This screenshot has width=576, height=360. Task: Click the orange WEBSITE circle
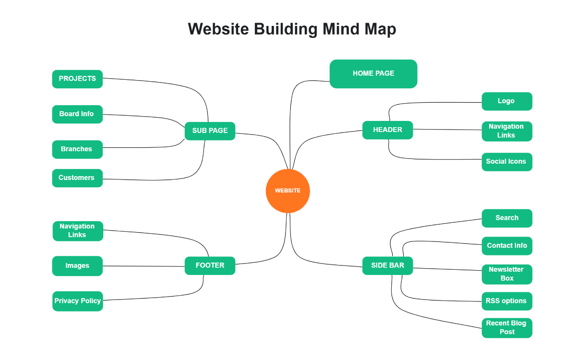[x=288, y=191]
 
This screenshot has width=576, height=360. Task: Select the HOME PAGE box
[x=373, y=74]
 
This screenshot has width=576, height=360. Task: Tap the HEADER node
[x=387, y=130]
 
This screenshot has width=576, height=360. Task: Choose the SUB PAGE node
[x=210, y=131]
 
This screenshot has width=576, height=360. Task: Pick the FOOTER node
[x=210, y=265]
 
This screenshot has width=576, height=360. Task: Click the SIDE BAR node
[x=387, y=265]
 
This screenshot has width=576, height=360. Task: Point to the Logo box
[x=506, y=101]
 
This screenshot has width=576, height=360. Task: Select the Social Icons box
[x=506, y=162]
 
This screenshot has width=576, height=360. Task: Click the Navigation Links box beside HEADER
[x=506, y=131]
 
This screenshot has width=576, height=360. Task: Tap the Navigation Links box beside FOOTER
[x=77, y=231]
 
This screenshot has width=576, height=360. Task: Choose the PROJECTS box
[x=77, y=79]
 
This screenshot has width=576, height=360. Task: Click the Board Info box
[x=77, y=114]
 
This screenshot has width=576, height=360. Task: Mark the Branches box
[x=77, y=149]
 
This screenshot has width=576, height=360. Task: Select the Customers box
[x=77, y=178]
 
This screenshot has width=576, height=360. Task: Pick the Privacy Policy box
[x=77, y=301]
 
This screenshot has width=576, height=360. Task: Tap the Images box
[x=77, y=266]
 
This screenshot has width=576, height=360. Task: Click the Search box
[x=506, y=218]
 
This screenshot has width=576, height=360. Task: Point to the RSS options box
[x=506, y=301]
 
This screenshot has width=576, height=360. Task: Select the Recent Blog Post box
[x=506, y=328]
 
